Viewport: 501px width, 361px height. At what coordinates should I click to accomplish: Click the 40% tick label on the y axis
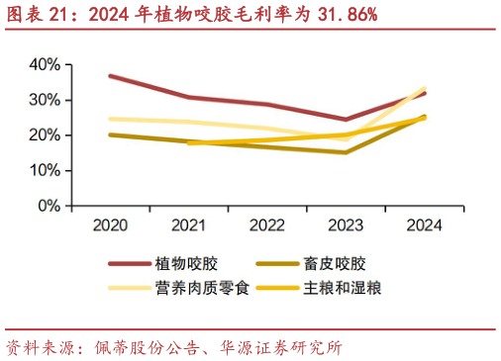coord(45,64)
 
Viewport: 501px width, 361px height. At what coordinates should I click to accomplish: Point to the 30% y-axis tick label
coord(45,100)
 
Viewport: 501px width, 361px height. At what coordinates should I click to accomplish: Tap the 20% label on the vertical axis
coord(45,135)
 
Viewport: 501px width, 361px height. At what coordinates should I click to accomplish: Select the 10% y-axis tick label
coord(45,171)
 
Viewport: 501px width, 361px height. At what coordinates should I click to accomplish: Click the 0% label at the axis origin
coord(49,207)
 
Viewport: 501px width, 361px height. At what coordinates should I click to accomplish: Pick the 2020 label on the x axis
coord(110,226)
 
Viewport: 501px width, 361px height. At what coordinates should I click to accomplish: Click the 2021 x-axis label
coord(188,226)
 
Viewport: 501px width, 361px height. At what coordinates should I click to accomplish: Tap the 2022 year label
coord(267,226)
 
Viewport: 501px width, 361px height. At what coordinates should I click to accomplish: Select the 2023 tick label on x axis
coord(346,226)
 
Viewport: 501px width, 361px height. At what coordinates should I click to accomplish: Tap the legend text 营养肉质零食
coord(201,288)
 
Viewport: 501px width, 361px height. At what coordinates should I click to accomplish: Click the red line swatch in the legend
coord(129,264)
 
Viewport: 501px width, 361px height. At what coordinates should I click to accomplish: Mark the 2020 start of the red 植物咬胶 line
coord(110,75)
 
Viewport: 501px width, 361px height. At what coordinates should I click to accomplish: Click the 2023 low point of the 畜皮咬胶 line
coord(346,152)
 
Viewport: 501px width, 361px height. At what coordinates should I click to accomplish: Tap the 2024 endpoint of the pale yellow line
coord(425,88)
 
